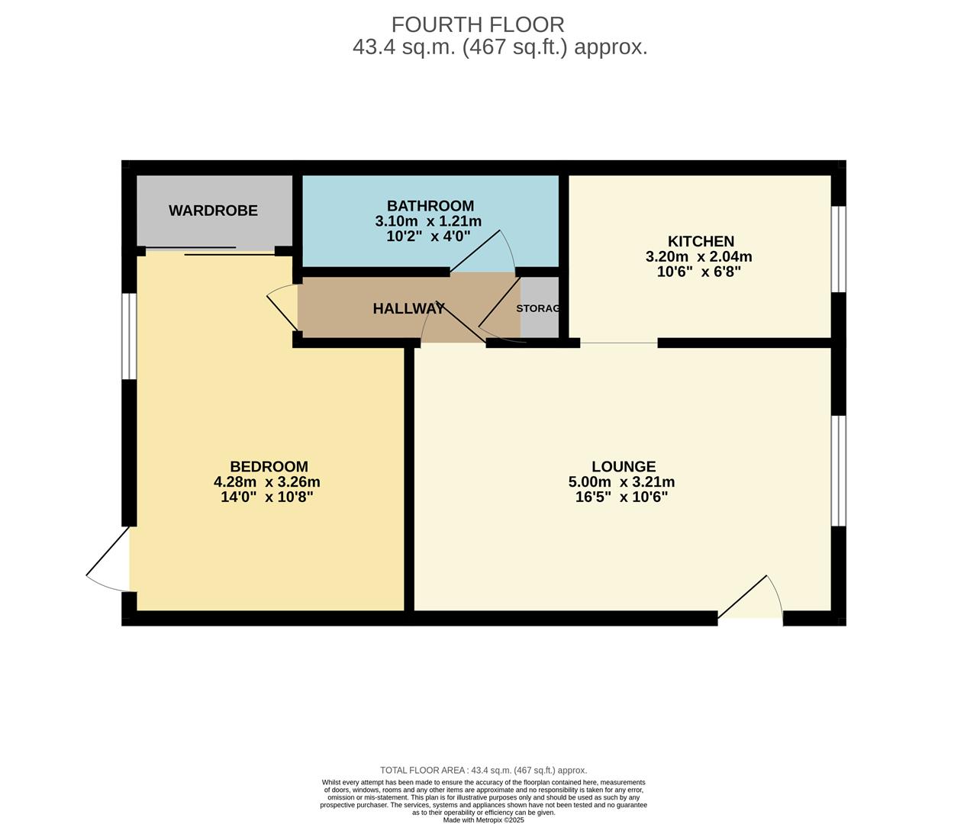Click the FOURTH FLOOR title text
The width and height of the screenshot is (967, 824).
click(x=478, y=24)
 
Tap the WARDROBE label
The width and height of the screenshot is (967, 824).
click(x=213, y=211)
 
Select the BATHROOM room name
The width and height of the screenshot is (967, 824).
click(x=430, y=205)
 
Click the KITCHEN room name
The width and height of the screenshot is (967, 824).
click(x=701, y=241)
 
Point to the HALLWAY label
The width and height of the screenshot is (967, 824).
click(x=408, y=309)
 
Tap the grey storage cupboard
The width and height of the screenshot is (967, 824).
click(x=539, y=308)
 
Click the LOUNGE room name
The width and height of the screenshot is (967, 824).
click(x=623, y=466)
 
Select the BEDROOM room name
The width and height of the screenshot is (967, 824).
click(x=269, y=466)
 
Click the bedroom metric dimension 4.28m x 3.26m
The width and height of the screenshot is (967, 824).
click(x=266, y=482)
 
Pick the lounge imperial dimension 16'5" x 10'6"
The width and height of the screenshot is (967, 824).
click(x=621, y=497)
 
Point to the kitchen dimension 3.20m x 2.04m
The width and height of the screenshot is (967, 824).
click(x=698, y=257)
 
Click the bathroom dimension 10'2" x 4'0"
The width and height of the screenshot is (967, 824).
click(x=428, y=237)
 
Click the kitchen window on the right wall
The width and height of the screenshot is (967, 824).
click(x=838, y=249)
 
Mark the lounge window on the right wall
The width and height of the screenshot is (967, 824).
click(x=838, y=471)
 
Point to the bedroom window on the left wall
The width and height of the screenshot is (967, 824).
click(x=130, y=336)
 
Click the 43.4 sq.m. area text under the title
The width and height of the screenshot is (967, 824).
click(x=499, y=47)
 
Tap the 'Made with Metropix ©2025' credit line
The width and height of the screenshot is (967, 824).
click(x=483, y=820)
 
